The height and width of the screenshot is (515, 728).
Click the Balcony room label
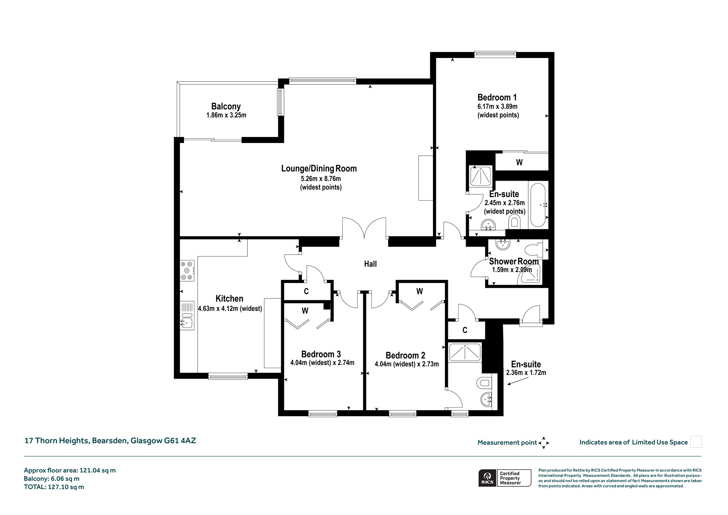pyautogui.click(x=226, y=106)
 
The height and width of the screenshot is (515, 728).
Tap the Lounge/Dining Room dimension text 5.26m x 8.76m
pyautogui.click(x=321, y=179)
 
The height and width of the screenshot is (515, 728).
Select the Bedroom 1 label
pyautogui.click(x=497, y=97)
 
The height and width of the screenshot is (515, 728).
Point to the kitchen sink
pyautogui.click(x=187, y=316)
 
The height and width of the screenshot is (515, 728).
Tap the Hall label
pyautogui.click(x=370, y=264)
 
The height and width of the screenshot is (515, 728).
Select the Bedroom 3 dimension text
pyautogui.click(x=322, y=363)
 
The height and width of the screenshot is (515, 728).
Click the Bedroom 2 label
pyautogui.click(x=405, y=355)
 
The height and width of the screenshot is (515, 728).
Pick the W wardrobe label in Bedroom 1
pyautogui.click(x=519, y=163)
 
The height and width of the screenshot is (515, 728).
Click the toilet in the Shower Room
pyautogui.click(x=534, y=249)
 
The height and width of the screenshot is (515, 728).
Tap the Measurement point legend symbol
pyautogui.click(x=544, y=443)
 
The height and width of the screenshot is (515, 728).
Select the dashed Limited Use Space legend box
pyautogui.click(x=696, y=442)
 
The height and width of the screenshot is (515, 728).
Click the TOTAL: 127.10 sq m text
pyautogui.click(x=54, y=487)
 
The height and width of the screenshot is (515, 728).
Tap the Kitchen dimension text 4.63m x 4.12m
pyautogui.click(x=230, y=309)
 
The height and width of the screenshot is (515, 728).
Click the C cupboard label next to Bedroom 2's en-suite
pyautogui.click(x=465, y=330)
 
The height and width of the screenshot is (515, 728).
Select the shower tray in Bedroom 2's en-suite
pyautogui.click(x=465, y=352)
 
